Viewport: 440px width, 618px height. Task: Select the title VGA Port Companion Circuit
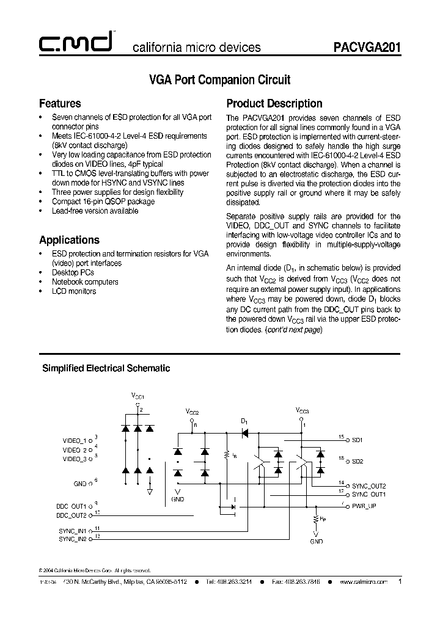220,80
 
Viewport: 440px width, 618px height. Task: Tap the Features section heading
60,103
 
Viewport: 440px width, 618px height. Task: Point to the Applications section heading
69,240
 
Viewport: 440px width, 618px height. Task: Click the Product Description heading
274,103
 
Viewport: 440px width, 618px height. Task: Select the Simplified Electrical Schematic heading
106,368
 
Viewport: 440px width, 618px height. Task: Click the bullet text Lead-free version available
95,211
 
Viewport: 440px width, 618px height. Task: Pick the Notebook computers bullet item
85,282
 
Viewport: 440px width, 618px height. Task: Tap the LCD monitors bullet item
74,291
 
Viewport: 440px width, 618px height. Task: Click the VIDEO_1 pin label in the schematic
75,440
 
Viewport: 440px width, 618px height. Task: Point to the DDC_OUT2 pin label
71,515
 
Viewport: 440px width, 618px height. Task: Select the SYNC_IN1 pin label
73,531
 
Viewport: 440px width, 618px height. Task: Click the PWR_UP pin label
364,506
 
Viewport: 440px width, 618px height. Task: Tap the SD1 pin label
358,440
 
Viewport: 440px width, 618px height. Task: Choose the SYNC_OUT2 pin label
369,485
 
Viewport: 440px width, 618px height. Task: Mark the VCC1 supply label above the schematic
137,396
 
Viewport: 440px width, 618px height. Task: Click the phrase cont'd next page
292,329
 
